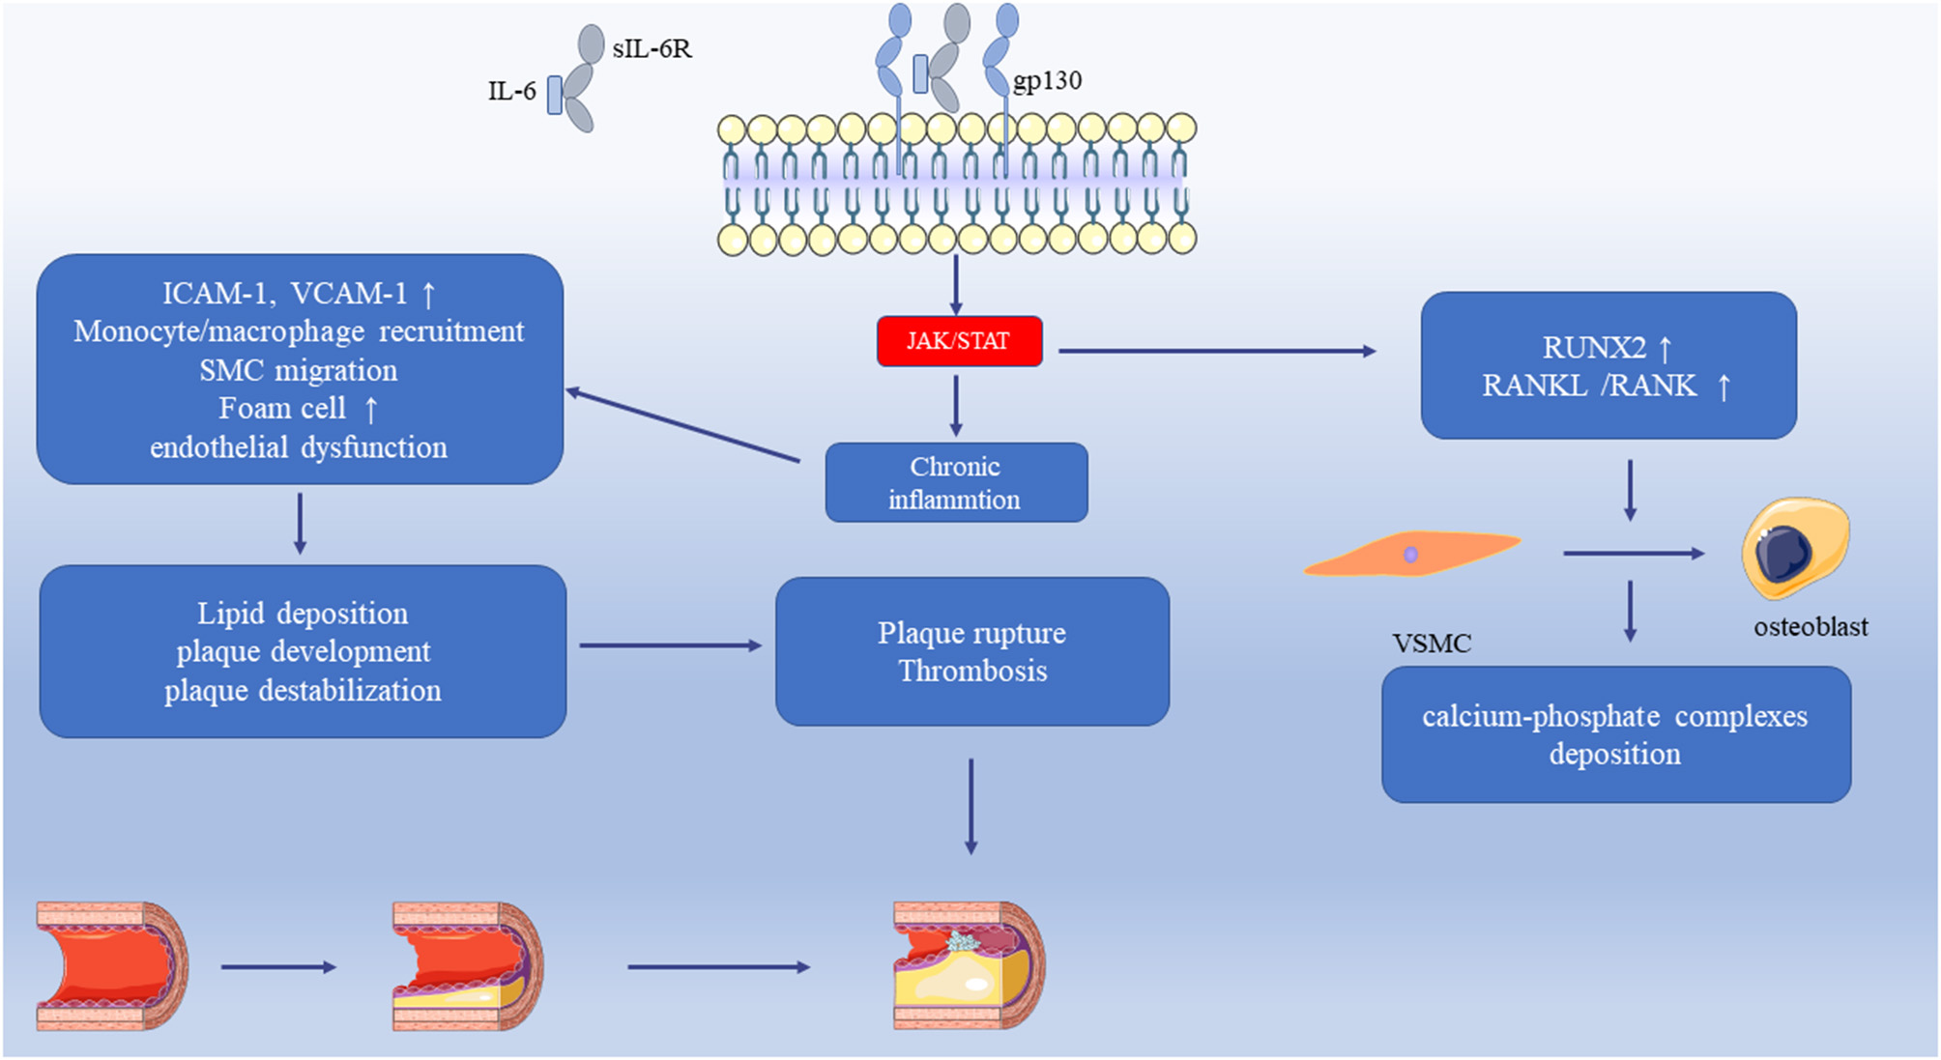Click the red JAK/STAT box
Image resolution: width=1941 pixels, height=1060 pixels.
pyautogui.click(x=959, y=341)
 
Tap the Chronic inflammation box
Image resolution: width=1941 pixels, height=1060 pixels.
pyautogui.click(x=956, y=482)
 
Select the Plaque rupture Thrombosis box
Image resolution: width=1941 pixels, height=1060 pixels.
pyautogui.click(x=972, y=651)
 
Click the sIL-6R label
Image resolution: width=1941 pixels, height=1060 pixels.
pyautogui.click(x=652, y=48)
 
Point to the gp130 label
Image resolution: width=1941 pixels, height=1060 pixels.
pyautogui.click(x=1047, y=80)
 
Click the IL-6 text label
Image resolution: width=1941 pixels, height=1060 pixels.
pyautogui.click(x=511, y=92)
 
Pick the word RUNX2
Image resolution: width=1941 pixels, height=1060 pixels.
pyautogui.click(x=1593, y=347)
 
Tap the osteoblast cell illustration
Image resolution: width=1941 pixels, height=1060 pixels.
pyautogui.click(x=1794, y=547)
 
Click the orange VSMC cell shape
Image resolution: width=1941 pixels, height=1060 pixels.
pyautogui.click(x=1411, y=554)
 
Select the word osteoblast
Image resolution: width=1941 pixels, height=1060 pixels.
pyautogui.click(x=1811, y=627)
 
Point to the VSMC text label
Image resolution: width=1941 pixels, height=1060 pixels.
pyautogui.click(x=1432, y=644)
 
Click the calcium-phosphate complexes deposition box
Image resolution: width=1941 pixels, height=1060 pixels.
pyautogui.click(x=1615, y=734)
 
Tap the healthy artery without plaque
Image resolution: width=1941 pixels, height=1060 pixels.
pyautogui.click(x=112, y=965)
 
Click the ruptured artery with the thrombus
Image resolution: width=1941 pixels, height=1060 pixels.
pyautogui.click(x=969, y=965)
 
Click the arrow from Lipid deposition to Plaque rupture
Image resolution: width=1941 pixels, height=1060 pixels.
pyautogui.click(x=670, y=645)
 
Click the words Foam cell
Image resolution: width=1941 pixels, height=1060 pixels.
pyautogui.click(x=281, y=409)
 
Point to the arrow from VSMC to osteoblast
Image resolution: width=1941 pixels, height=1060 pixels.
pyautogui.click(x=1633, y=554)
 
